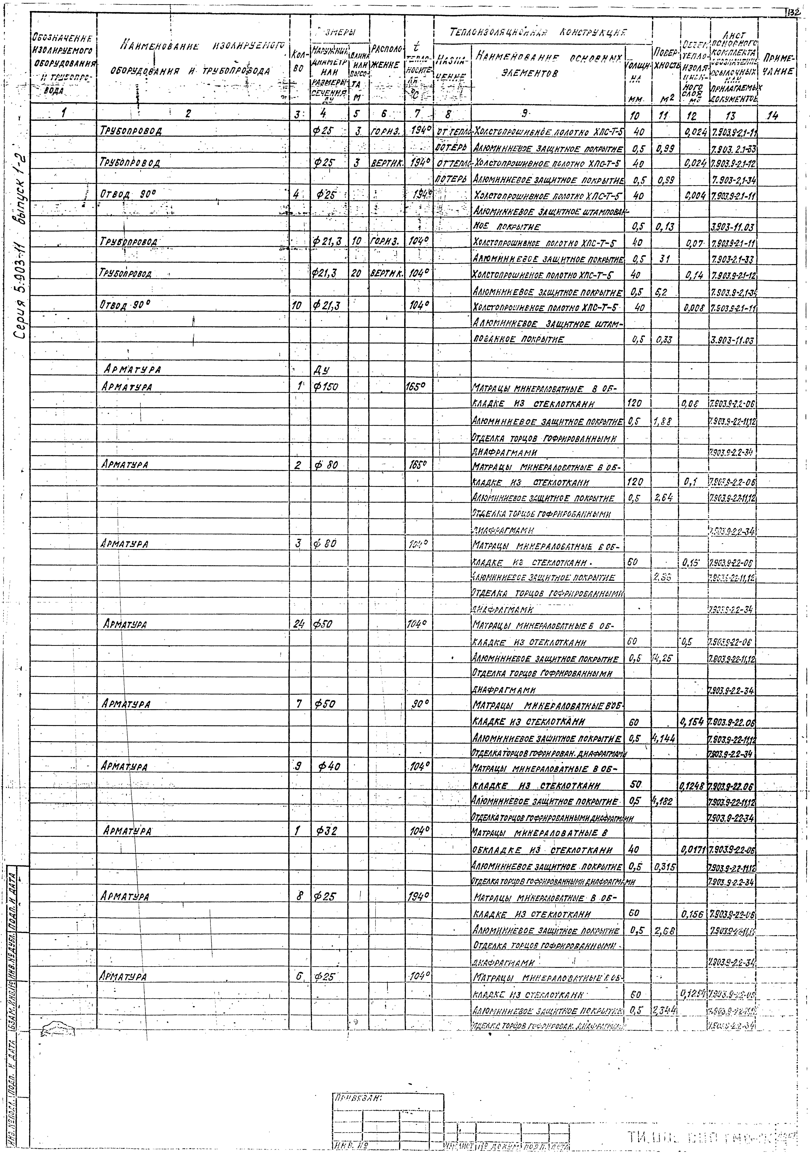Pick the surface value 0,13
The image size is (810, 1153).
coord(665,227)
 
